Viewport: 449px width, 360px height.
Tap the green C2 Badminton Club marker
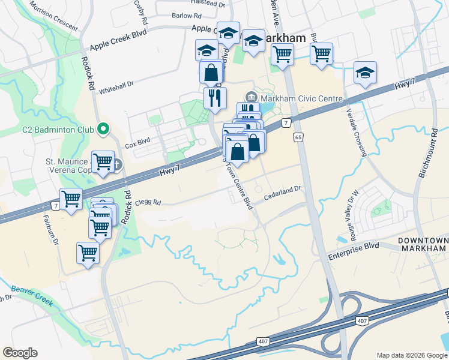[103, 128]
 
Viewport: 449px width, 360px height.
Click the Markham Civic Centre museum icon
[251, 97]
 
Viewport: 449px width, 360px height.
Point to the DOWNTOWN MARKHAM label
[423, 245]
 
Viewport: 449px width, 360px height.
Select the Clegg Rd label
[149, 203]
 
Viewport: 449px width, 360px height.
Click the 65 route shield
[298, 138]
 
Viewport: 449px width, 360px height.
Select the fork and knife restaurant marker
[215, 97]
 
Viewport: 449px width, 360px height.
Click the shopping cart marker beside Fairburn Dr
[71, 199]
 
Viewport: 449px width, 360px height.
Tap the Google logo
[20, 353]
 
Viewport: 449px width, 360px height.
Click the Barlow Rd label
[190, 16]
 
